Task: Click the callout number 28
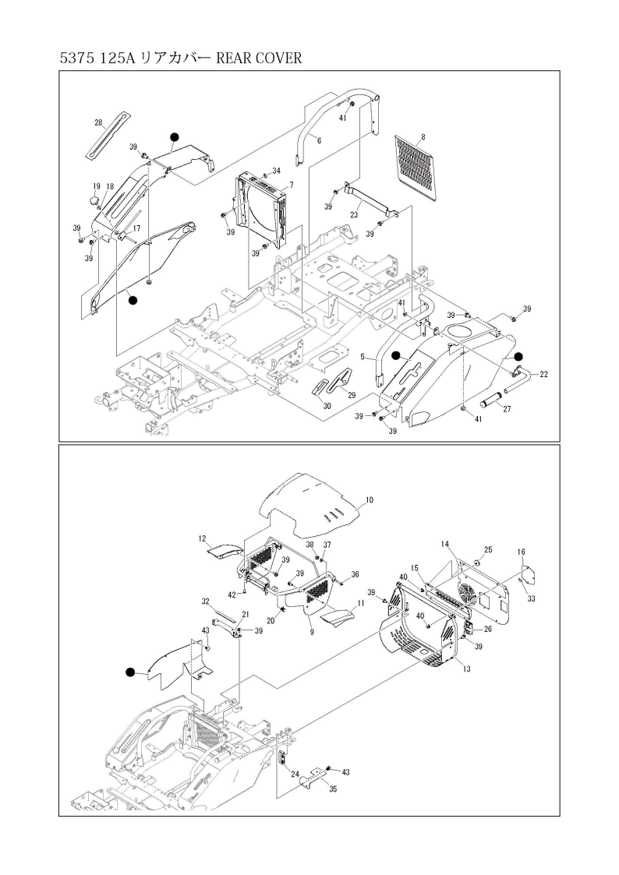click(x=98, y=122)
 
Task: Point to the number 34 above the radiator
click(x=276, y=171)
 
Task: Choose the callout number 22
click(x=543, y=375)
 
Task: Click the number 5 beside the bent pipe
click(x=363, y=356)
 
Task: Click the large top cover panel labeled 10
click(x=312, y=505)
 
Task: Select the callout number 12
click(x=201, y=538)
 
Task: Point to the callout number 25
click(x=489, y=550)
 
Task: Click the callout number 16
click(x=521, y=551)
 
